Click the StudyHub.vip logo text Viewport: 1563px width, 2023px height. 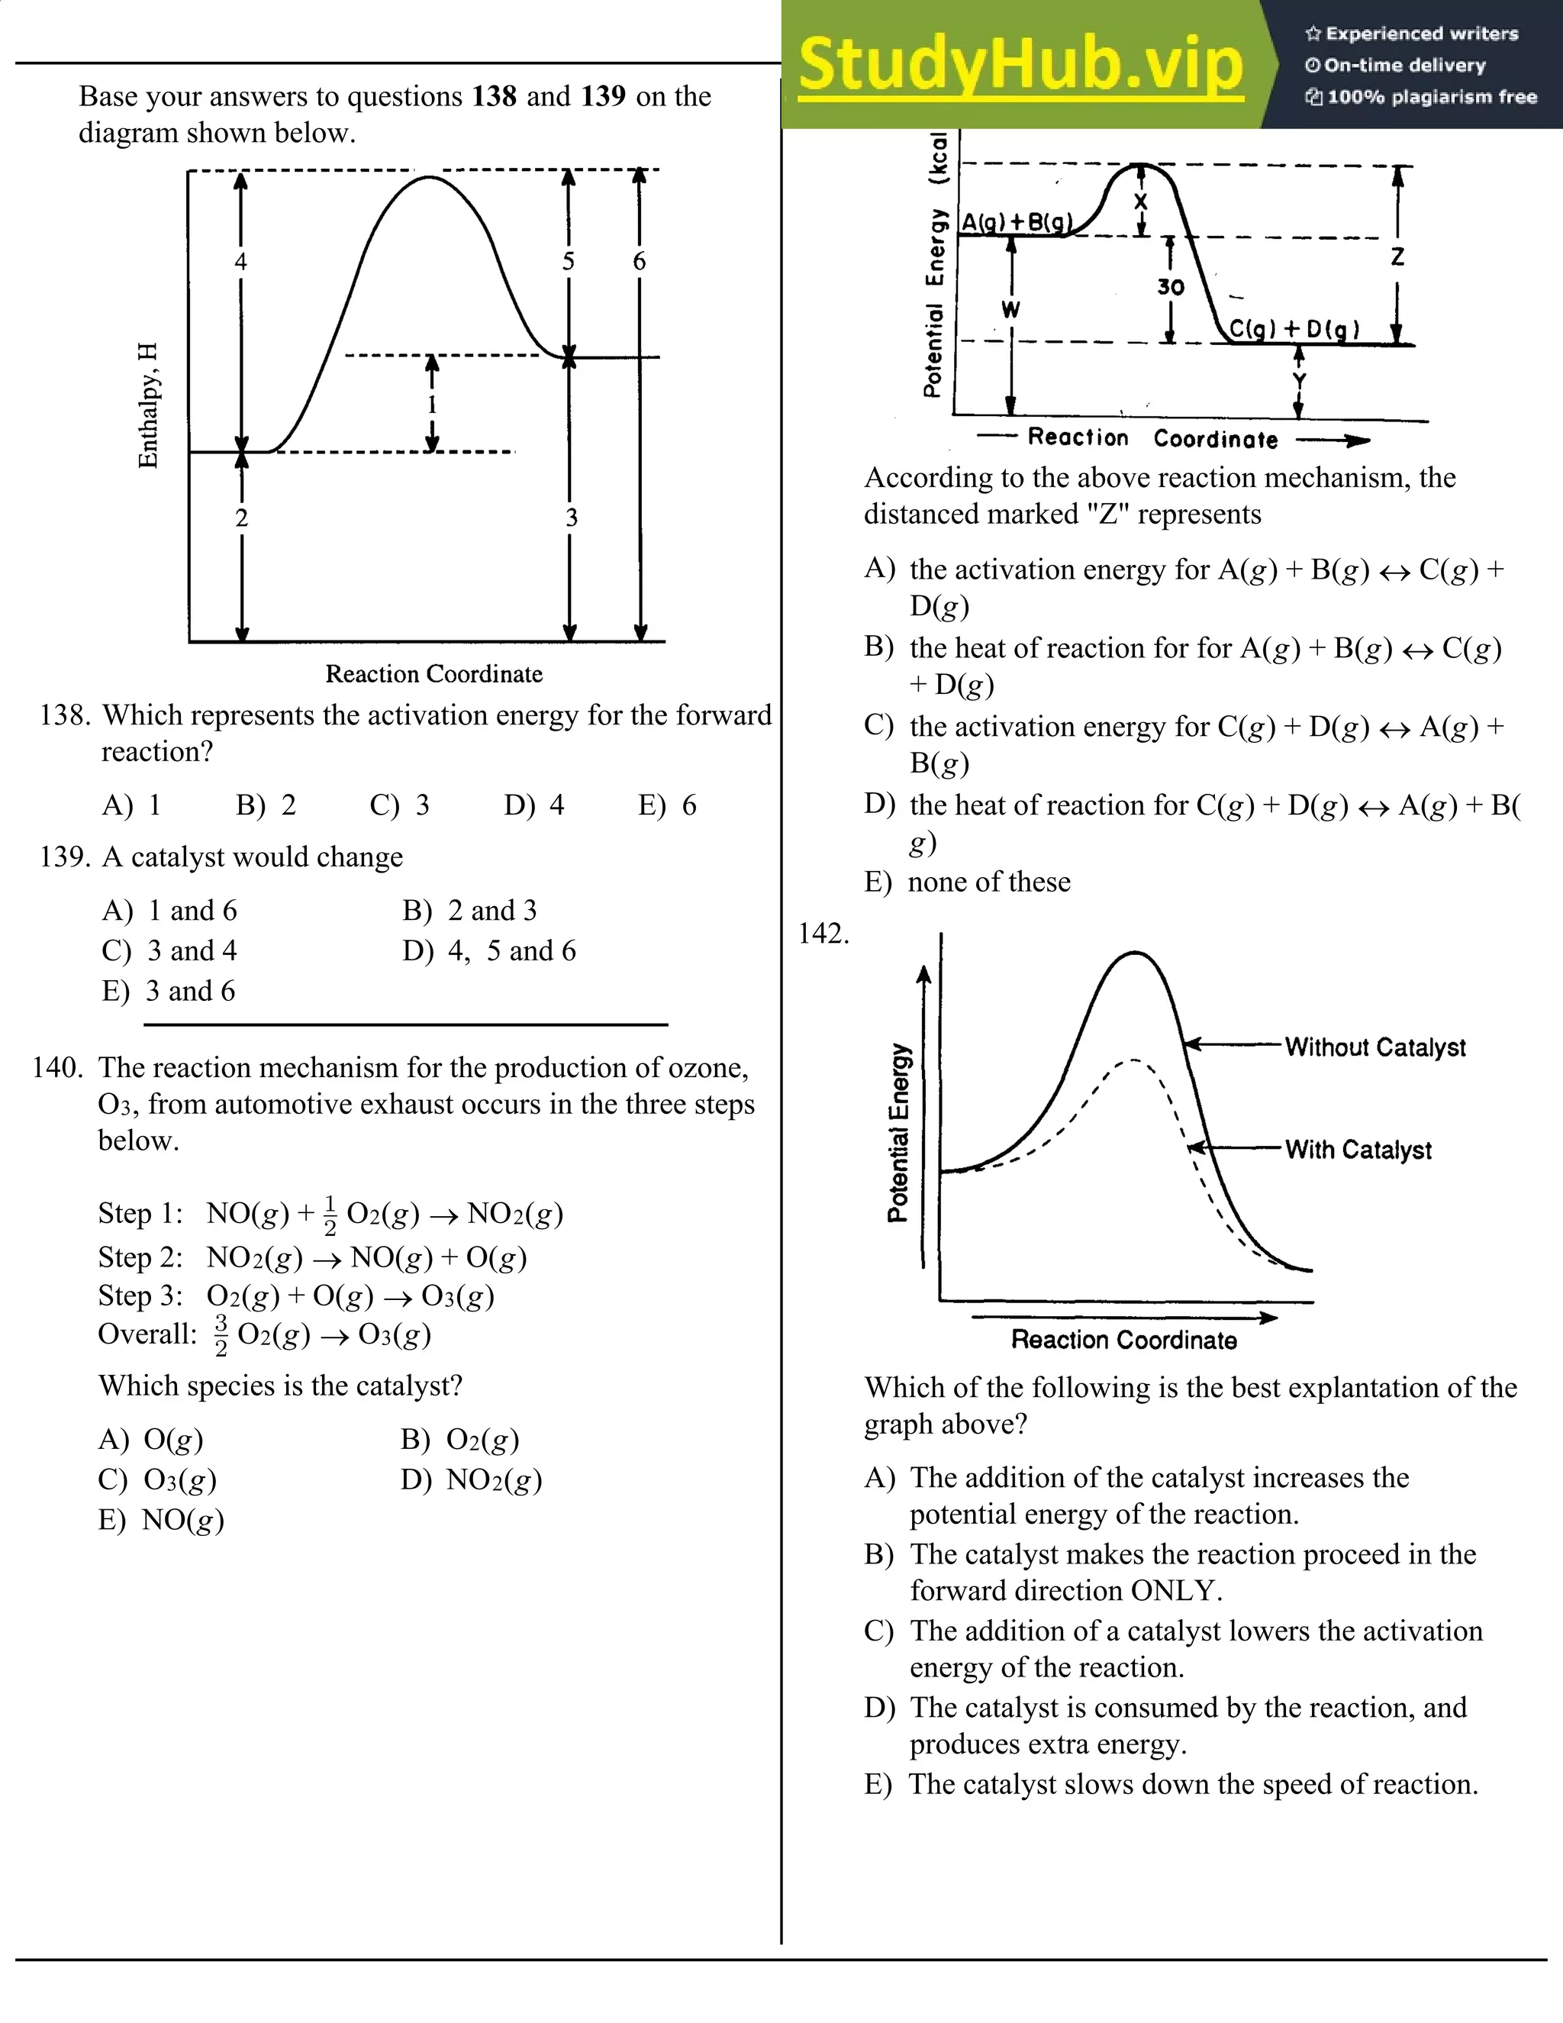coord(1020,65)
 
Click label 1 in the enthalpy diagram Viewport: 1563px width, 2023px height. coord(431,404)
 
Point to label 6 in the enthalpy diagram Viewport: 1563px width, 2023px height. coord(639,261)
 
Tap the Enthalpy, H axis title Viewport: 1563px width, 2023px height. coord(148,405)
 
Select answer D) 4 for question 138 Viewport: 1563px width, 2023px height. coord(534,805)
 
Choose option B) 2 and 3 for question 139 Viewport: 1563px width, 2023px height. coord(469,911)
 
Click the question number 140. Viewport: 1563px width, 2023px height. coord(57,1068)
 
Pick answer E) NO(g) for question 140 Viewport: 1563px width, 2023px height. coord(161,1519)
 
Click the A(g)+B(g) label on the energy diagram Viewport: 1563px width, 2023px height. coord(1017,222)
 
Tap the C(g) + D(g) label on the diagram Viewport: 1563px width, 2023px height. coord(1294,329)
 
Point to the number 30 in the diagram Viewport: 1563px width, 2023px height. coord(1171,287)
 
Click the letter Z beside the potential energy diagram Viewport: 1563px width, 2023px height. coord(1397,257)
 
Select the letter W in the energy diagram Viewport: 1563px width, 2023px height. coord(1010,309)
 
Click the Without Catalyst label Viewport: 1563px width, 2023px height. coord(1375,1047)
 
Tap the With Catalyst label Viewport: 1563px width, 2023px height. coord(1358,1150)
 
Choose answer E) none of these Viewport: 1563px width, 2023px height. coord(968,882)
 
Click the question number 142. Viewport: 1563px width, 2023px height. coord(823,934)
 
